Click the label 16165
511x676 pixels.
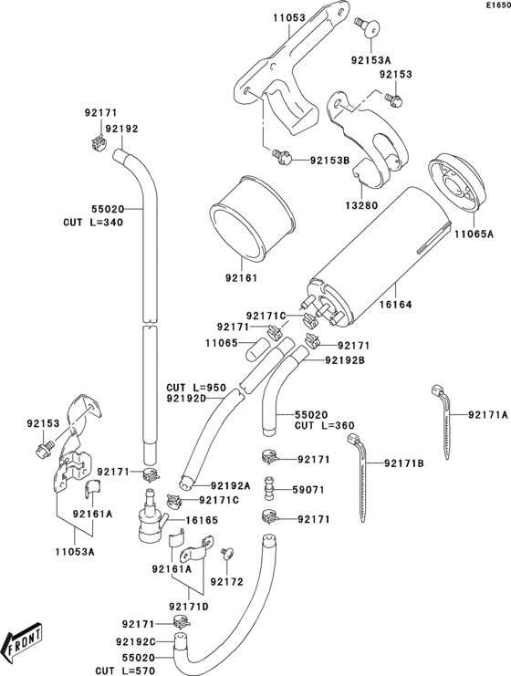tap(205, 520)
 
